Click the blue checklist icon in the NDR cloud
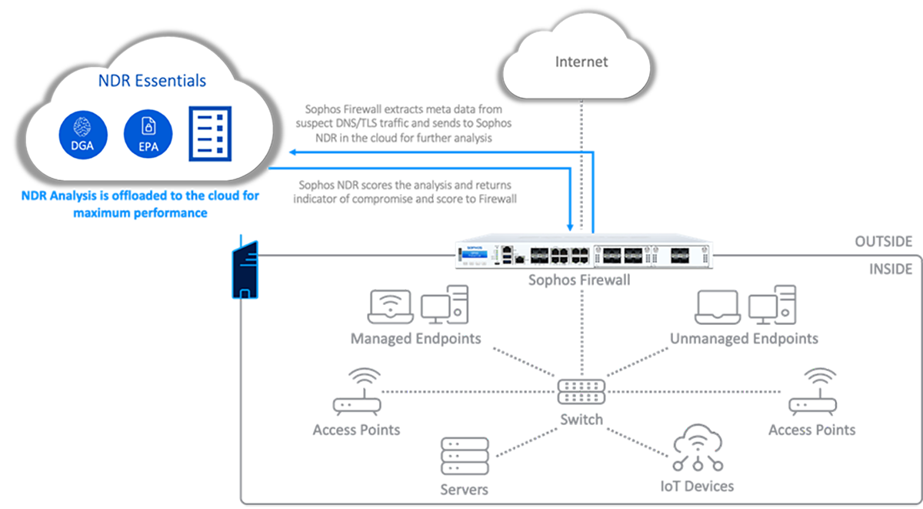tap(208, 132)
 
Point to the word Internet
tap(581, 62)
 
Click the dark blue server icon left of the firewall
tap(244, 270)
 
